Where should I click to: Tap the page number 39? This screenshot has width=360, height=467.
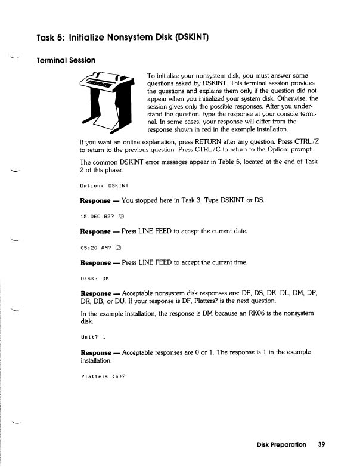tap(321, 444)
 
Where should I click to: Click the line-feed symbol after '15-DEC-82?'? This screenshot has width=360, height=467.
tap(122, 215)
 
